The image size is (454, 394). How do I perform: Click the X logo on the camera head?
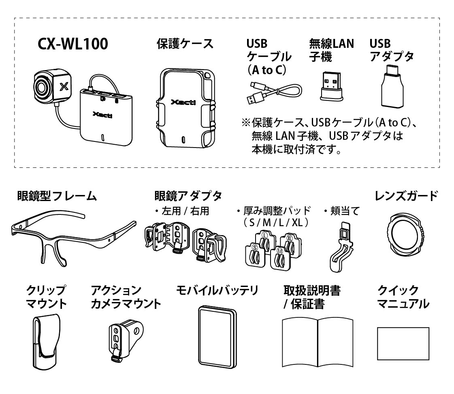(62, 86)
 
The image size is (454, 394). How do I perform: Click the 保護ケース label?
(185, 44)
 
